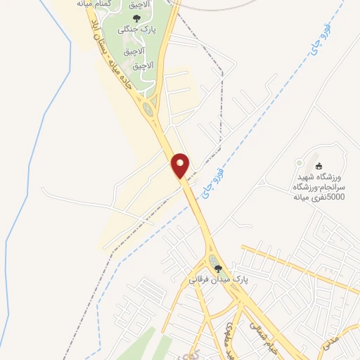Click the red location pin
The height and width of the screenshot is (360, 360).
coord(181,164)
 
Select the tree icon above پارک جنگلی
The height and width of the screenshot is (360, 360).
coord(136,18)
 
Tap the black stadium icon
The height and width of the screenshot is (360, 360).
coord(319,167)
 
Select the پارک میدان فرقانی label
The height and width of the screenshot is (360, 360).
coord(218,279)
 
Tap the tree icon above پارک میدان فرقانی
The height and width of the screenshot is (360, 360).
coord(217,267)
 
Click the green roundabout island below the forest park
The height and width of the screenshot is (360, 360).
coord(148,110)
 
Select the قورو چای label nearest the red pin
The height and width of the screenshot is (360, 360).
coord(206,184)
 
